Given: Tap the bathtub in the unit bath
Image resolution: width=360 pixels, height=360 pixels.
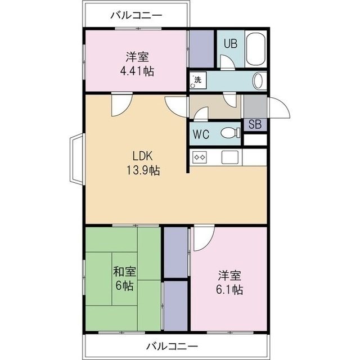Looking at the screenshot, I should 256,49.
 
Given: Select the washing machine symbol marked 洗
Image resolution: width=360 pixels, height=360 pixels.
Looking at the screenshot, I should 197,80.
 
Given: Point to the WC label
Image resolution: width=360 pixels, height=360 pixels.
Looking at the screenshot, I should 201,134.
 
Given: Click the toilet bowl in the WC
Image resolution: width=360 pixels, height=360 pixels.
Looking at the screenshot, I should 229,133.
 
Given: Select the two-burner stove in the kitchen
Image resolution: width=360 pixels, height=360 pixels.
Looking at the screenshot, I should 200,157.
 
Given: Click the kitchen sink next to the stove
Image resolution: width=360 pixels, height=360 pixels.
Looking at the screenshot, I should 231,157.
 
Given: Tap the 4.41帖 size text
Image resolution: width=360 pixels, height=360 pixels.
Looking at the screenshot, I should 137,71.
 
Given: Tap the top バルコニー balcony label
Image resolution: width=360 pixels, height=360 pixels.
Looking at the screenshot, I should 136,15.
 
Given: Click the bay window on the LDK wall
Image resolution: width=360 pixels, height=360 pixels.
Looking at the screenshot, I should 77,160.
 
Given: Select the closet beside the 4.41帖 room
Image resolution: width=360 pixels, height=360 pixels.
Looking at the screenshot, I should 197,48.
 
